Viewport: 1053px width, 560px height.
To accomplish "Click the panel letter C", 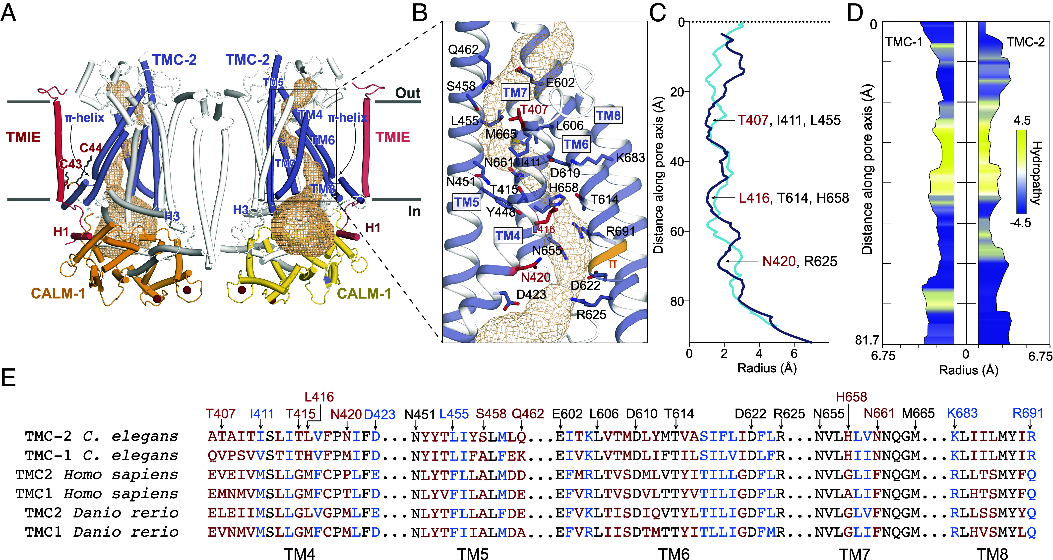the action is (658, 13).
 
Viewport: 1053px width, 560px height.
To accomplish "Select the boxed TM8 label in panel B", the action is (608, 116).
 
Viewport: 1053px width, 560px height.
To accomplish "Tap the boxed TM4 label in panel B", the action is (508, 236).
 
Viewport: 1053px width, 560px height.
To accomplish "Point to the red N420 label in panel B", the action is (536, 278).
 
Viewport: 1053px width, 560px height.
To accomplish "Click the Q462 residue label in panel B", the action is (463, 50).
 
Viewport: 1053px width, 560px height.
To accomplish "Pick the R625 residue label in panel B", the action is (591, 314).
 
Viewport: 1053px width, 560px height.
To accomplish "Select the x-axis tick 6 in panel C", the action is (794, 354).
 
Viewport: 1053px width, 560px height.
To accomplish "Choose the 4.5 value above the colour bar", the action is (1022, 120).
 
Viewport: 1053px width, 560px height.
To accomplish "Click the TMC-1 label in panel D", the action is (904, 42).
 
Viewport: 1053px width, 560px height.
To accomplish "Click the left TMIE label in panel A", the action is (23, 137).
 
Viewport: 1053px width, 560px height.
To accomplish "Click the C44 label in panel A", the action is (90, 148).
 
